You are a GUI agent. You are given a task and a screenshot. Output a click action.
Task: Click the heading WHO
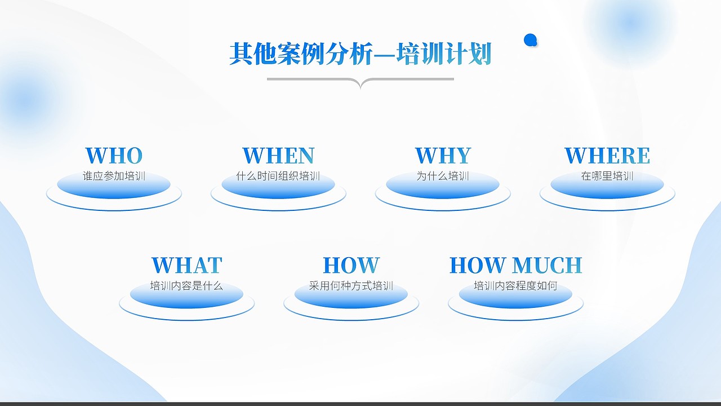click(114, 156)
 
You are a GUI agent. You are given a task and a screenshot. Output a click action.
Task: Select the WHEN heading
click(278, 156)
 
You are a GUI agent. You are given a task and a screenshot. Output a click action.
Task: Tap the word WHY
click(443, 156)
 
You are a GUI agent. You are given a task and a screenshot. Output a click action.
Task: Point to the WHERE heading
click(607, 156)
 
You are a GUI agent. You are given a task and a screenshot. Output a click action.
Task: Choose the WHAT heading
click(187, 265)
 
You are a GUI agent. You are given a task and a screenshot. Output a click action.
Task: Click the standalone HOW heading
click(351, 265)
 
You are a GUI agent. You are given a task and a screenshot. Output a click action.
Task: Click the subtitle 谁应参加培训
click(114, 176)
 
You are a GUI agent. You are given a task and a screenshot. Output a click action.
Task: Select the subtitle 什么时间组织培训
click(278, 176)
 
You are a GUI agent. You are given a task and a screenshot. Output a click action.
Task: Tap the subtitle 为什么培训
click(443, 176)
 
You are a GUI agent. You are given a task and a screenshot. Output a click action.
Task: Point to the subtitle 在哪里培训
click(607, 176)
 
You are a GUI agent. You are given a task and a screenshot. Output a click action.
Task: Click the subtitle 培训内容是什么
click(187, 286)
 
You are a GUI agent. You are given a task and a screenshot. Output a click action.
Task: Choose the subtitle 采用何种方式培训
click(351, 286)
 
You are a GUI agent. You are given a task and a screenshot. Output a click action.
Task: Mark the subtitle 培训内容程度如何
click(515, 286)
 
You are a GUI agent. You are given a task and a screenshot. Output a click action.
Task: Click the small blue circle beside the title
click(530, 40)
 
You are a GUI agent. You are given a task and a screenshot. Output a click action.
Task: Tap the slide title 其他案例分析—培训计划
click(360, 54)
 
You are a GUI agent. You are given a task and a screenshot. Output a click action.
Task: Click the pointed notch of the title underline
click(360, 86)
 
